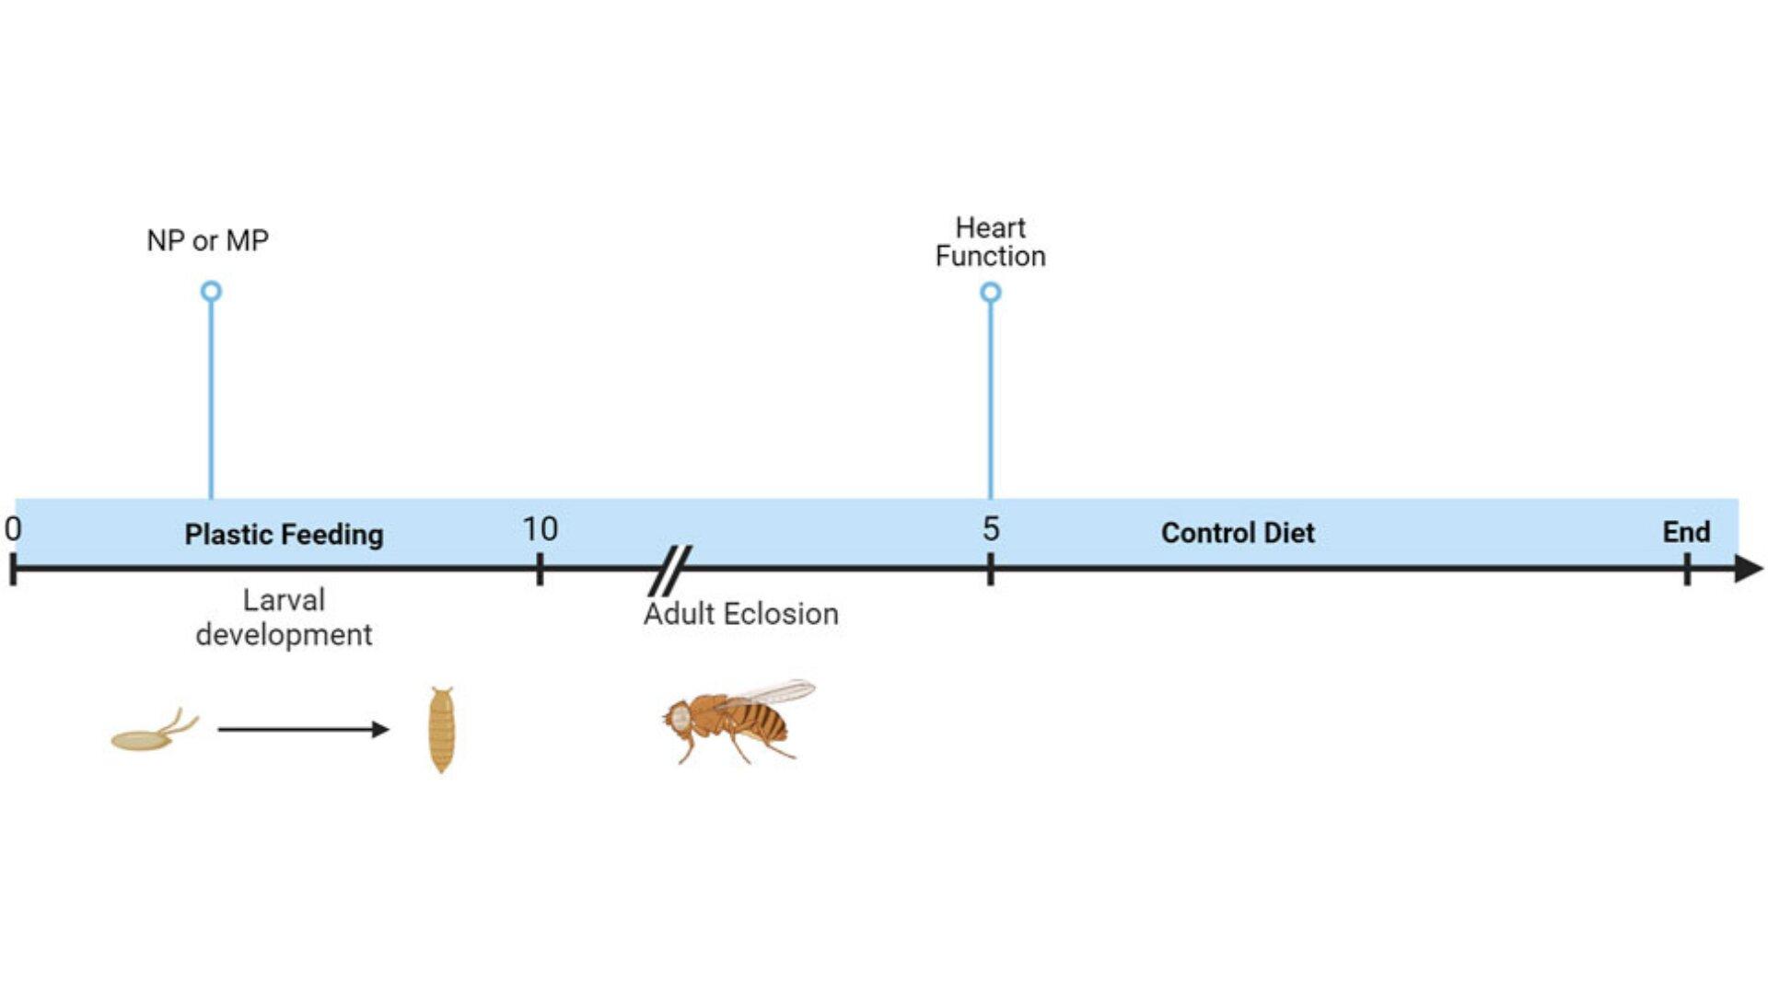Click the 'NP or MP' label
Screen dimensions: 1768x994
(207, 240)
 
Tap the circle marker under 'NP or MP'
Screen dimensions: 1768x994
(211, 292)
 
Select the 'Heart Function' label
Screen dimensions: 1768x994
(990, 241)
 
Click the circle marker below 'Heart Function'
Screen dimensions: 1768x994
(991, 293)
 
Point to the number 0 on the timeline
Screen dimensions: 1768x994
(13, 529)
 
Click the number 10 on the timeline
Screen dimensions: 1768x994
(540, 529)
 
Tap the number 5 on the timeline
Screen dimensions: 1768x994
(991, 529)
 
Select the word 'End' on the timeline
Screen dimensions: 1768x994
(1686, 532)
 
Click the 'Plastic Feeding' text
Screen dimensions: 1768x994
(284, 534)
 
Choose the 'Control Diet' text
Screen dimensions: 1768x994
(1238, 533)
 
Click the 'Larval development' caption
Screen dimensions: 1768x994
(284, 617)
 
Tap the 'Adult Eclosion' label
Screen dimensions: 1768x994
(741, 614)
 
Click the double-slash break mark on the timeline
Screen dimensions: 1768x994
(670, 571)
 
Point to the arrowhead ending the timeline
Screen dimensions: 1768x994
(1749, 569)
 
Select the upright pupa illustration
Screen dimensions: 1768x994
(442, 730)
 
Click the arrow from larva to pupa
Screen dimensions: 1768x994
(304, 730)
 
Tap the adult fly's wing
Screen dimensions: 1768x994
(769, 692)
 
